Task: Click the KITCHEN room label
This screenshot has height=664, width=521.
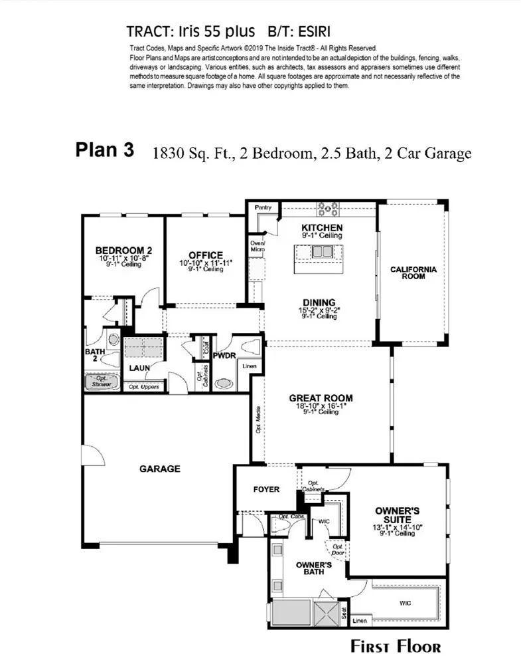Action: pyautogui.click(x=321, y=227)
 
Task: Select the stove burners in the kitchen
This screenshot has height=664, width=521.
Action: pyautogui.click(x=327, y=209)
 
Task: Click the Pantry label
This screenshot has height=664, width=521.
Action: pyautogui.click(x=263, y=208)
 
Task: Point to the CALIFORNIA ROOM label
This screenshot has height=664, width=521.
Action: pyautogui.click(x=413, y=273)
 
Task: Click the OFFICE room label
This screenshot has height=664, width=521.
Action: pyautogui.click(x=205, y=255)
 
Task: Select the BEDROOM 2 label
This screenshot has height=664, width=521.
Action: pyautogui.click(x=123, y=250)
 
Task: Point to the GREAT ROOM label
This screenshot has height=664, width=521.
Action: pyautogui.click(x=321, y=399)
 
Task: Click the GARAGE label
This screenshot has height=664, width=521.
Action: pyautogui.click(x=159, y=469)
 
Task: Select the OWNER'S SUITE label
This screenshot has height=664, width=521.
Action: pyautogui.click(x=398, y=516)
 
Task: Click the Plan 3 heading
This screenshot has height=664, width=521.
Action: pyautogui.click(x=104, y=150)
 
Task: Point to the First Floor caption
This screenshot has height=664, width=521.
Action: pyautogui.click(x=396, y=646)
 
